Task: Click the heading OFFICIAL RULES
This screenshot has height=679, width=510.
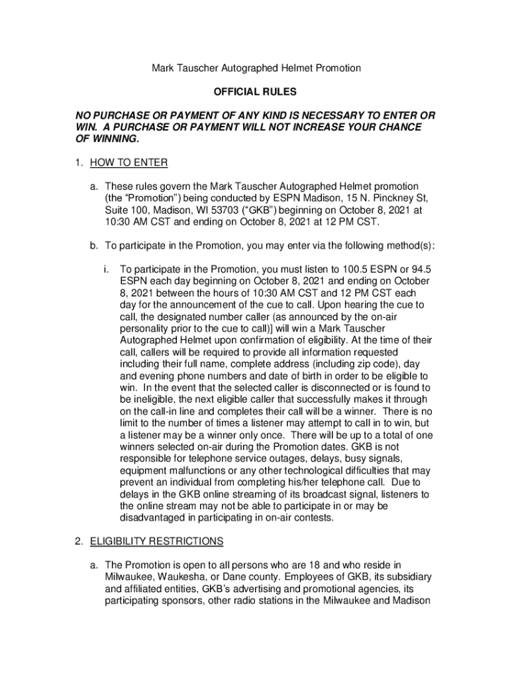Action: (254, 92)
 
